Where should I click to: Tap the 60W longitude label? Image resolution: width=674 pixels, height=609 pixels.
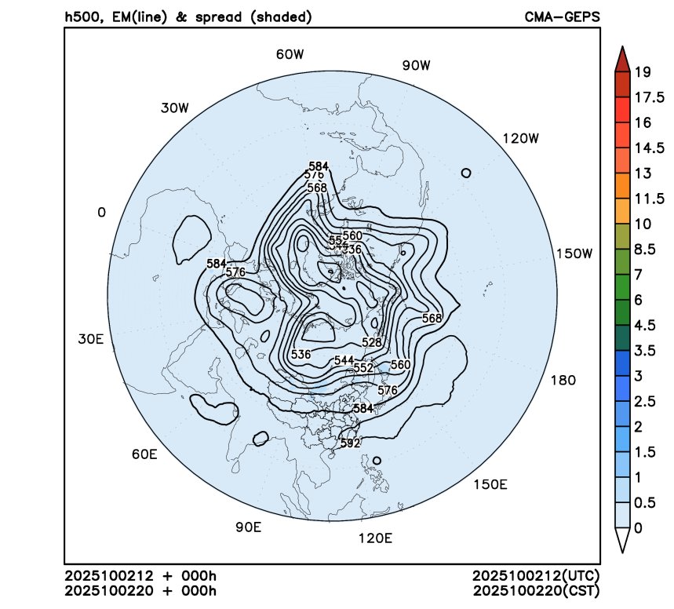[290, 55]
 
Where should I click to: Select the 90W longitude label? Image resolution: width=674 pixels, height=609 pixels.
[417, 66]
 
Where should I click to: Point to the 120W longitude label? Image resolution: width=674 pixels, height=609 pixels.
[521, 139]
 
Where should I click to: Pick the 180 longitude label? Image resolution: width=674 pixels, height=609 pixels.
[563, 381]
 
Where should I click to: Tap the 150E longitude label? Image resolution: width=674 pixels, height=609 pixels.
[490, 484]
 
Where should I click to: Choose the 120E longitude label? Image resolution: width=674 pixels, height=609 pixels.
[374, 538]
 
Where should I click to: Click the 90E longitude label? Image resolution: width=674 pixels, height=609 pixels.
[248, 527]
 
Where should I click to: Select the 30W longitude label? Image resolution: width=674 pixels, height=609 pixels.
[175, 108]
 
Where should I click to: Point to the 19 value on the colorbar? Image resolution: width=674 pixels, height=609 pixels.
[643, 73]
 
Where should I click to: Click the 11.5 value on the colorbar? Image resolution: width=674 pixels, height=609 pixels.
[648, 199]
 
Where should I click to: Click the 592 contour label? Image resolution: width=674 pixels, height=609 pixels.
[350, 443]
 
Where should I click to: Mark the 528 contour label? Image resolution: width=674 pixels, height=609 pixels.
[372, 343]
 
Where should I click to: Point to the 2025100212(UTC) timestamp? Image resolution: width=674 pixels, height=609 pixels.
[536, 577]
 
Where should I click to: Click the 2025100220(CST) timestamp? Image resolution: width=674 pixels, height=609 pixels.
[536, 590]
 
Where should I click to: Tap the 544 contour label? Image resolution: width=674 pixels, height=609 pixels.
[344, 360]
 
